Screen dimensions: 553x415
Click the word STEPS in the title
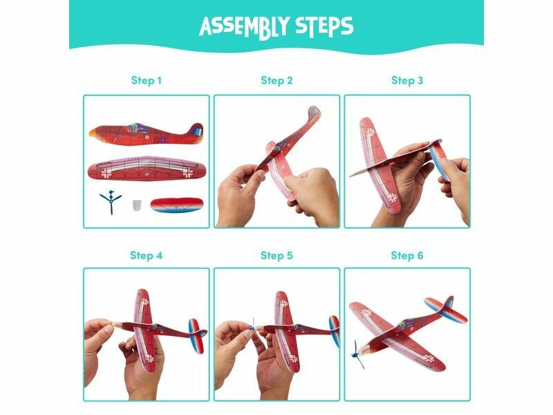[324, 26]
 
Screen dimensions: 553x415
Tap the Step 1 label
[147, 81]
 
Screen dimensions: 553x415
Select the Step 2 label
[277, 81]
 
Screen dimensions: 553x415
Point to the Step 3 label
[407, 81]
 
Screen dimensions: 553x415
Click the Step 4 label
[147, 255]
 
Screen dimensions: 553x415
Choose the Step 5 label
[277, 255]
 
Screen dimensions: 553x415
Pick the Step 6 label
[407, 255]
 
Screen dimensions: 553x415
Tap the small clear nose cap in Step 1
[137, 205]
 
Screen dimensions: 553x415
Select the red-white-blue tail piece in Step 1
[177, 205]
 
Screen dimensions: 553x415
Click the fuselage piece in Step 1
[147, 134]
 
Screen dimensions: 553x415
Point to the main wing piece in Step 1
[147, 169]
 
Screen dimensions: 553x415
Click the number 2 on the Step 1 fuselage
[156, 140]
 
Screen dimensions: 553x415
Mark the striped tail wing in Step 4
[196, 335]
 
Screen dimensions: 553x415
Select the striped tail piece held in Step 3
[438, 158]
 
